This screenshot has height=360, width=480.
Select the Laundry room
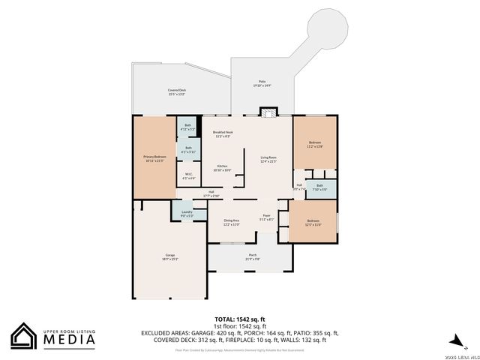[x=187, y=213]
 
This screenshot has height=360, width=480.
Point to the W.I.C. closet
[x=188, y=177]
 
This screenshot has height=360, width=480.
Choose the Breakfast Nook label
[x=223, y=133]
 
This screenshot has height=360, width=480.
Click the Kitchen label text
[x=223, y=167]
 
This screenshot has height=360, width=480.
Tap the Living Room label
[x=268, y=159]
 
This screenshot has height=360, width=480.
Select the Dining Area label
[x=231, y=222]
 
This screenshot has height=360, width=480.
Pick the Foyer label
[x=266, y=218]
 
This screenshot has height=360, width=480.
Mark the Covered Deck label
[x=177, y=91]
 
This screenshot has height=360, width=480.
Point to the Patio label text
[x=262, y=84]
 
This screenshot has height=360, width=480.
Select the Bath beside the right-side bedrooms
[x=319, y=187]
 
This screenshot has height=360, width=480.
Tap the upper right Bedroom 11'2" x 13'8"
[x=315, y=144]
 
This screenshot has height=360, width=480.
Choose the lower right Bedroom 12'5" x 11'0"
[x=313, y=223]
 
